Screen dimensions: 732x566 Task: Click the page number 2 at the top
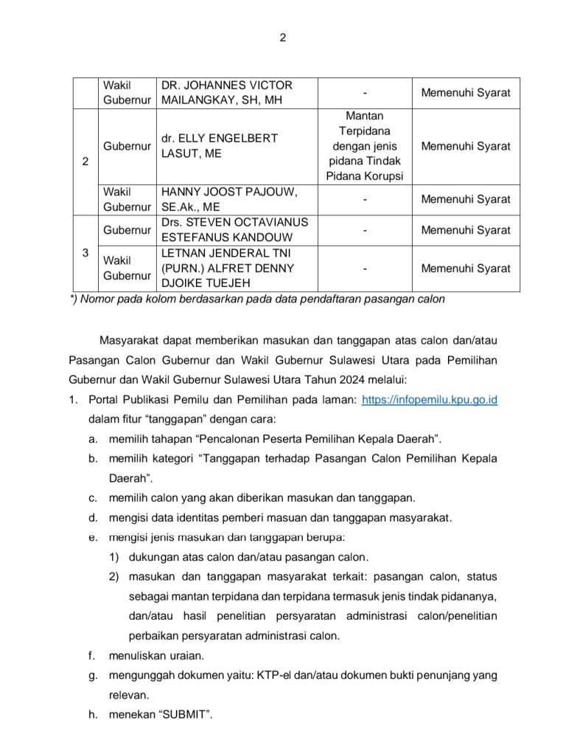[282, 39]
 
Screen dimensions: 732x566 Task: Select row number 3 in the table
[85, 253]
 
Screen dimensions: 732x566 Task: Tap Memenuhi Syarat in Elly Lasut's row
[465, 146]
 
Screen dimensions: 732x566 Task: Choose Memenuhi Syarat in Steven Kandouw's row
[465, 230]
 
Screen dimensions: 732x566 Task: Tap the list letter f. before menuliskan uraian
[92, 655]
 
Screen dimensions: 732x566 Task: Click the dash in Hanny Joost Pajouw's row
[366, 199]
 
